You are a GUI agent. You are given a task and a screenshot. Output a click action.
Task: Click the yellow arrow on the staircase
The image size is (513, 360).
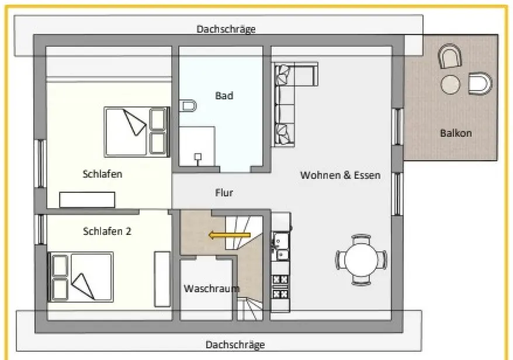[x=230, y=236]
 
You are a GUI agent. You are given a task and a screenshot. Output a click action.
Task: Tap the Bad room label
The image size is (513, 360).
[x=224, y=95]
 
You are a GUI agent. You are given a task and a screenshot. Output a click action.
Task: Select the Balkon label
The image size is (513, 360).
[x=456, y=133]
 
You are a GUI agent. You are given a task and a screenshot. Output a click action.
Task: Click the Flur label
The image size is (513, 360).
[x=224, y=192]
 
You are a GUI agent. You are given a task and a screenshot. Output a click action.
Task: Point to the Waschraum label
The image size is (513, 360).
[x=212, y=289]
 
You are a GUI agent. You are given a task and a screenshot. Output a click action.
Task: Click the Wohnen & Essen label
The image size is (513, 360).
[x=340, y=175]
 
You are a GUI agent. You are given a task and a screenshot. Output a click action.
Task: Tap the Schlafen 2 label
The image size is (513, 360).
[x=107, y=231]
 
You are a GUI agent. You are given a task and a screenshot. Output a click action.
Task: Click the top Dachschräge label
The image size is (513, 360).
[x=226, y=29]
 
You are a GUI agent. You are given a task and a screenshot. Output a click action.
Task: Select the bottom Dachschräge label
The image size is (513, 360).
[x=235, y=344]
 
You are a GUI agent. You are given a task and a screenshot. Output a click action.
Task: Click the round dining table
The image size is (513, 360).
[x=361, y=259]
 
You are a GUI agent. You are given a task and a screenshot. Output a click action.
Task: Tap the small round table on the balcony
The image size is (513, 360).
[x=450, y=85]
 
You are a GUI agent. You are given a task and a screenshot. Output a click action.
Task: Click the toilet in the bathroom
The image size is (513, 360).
[x=188, y=106]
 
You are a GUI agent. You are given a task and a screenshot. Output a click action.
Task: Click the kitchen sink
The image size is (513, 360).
[x=281, y=246]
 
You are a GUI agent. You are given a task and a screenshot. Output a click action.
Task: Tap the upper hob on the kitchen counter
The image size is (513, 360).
[x=280, y=279]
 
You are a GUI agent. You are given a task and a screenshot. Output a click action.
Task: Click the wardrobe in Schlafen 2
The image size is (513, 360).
[x=162, y=279]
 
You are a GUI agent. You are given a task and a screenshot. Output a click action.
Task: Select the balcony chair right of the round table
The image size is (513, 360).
[x=479, y=84]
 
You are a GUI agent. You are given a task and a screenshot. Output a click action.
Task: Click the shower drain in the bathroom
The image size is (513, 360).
[x=198, y=157]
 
